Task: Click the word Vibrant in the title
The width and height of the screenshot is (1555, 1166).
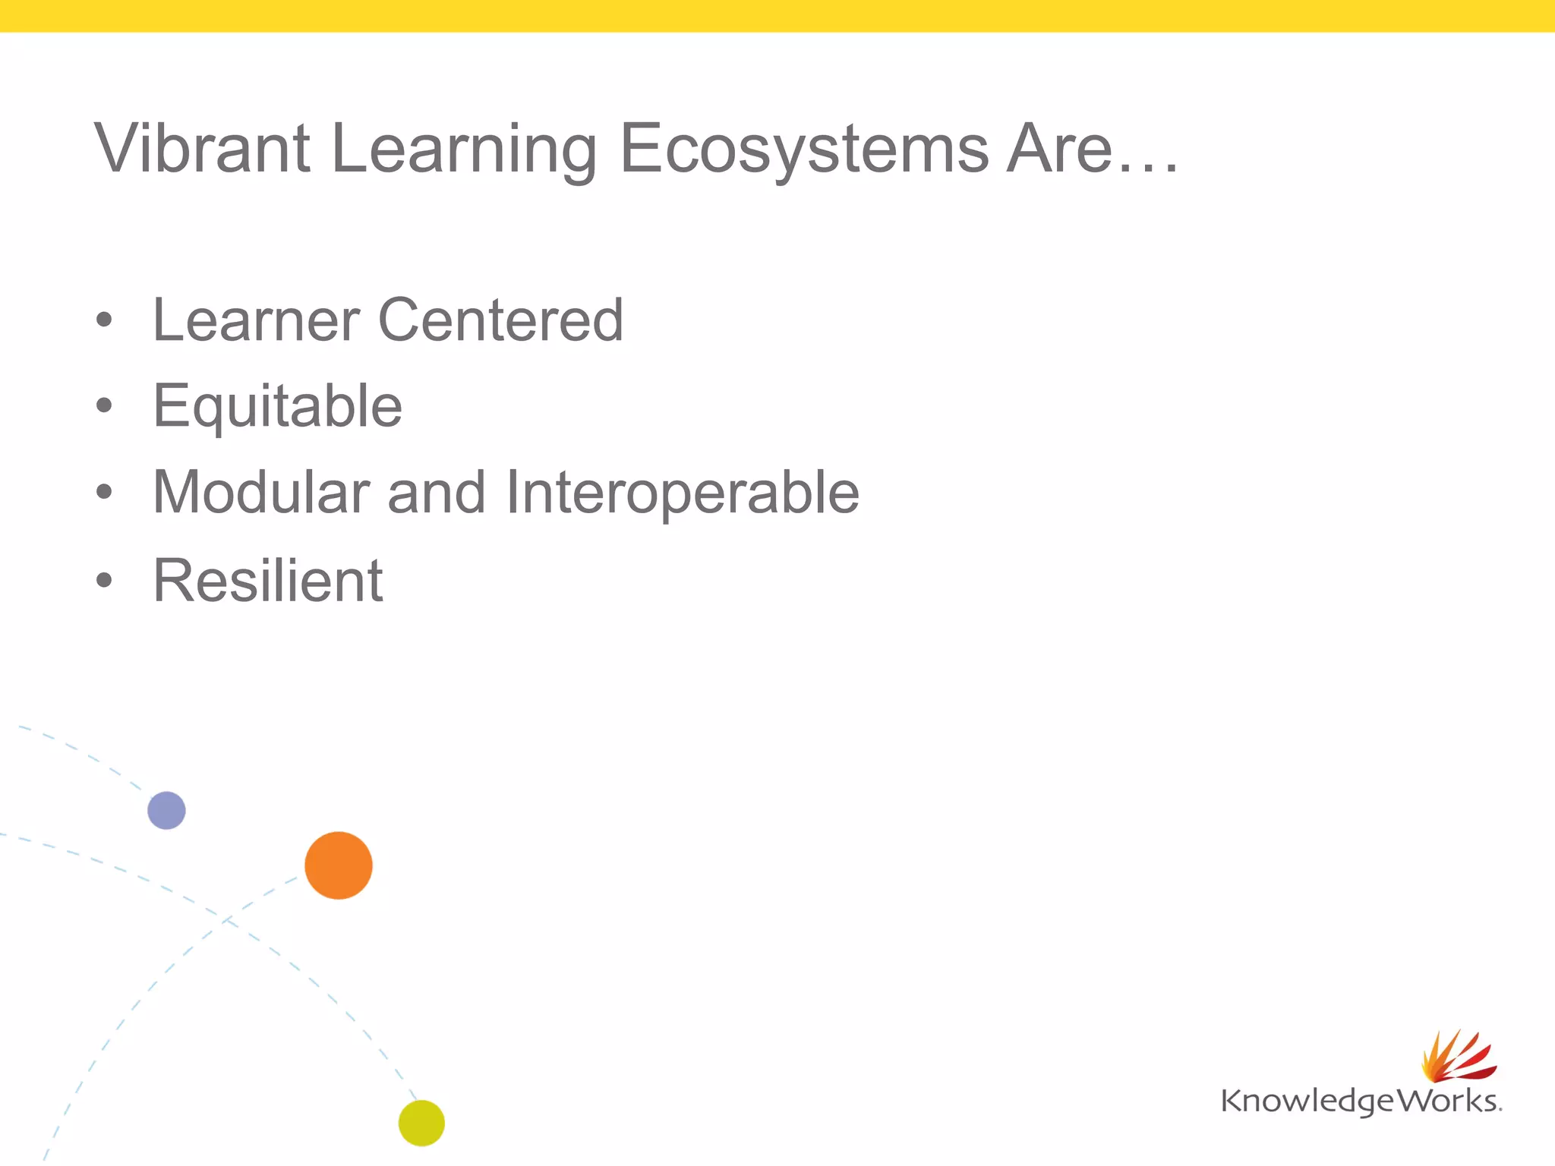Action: coord(202,149)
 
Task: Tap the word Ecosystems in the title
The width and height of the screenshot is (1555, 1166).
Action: coord(804,149)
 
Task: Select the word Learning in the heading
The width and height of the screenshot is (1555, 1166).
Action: coord(464,149)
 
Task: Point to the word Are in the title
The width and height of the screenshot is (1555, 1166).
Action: coord(1059,149)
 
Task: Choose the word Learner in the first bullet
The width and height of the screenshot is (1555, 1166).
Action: coord(256,320)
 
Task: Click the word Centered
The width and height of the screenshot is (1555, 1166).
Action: coord(500,320)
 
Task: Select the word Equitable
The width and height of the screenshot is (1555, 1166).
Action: coord(277,407)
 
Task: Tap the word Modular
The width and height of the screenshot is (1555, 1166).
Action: coord(261,493)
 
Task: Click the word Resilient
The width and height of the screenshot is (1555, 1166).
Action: coord(268,581)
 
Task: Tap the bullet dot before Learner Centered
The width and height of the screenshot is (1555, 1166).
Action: coord(104,320)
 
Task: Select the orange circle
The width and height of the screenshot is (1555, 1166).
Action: coord(339,865)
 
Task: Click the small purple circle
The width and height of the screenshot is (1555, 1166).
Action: coord(166,810)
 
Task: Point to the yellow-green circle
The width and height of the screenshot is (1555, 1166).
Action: coord(421,1123)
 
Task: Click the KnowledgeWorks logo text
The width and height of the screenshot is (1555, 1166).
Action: coord(1359,1101)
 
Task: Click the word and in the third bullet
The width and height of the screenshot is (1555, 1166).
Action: coord(436,493)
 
